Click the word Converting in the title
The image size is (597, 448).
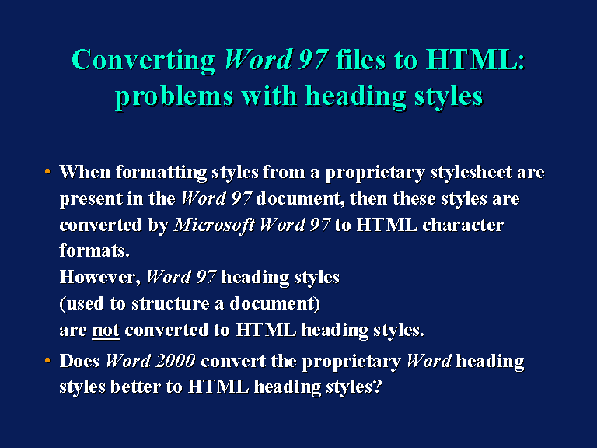click(143, 61)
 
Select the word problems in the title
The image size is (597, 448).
click(174, 96)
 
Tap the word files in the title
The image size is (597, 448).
click(361, 60)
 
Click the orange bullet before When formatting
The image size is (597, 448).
click(47, 171)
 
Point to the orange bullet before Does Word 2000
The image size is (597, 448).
click(47, 360)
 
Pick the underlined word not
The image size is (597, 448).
click(106, 330)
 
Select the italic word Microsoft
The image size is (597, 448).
click(215, 225)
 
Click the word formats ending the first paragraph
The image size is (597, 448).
click(94, 251)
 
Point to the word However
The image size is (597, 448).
click(100, 278)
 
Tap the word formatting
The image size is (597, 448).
click(162, 173)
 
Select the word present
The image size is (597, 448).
click(91, 199)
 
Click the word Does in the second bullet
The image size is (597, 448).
click(79, 361)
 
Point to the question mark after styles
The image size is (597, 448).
click(377, 387)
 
